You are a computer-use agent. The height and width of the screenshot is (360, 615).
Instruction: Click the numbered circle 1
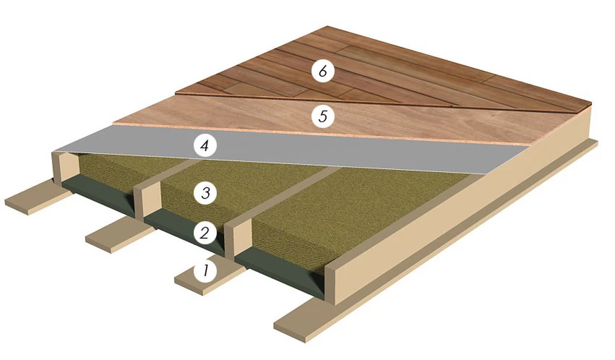(x=205, y=271)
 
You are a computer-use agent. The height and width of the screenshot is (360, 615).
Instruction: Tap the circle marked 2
(x=205, y=233)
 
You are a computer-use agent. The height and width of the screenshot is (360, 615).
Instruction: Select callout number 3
(x=205, y=192)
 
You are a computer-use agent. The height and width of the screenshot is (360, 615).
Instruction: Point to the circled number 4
(x=205, y=146)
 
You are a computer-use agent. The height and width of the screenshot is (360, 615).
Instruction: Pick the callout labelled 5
(x=322, y=116)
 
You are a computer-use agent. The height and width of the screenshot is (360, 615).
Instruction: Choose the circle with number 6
(x=322, y=71)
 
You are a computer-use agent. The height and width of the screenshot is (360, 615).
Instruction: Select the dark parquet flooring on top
(x=392, y=71)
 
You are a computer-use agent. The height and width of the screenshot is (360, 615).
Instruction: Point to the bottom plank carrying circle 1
(x=208, y=275)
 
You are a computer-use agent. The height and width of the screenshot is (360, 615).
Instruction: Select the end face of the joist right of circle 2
(x=237, y=239)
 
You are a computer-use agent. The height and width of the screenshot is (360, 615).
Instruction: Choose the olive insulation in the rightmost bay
(x=353, y=212)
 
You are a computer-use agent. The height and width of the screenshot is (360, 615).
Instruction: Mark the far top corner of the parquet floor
(x=327, y=27)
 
